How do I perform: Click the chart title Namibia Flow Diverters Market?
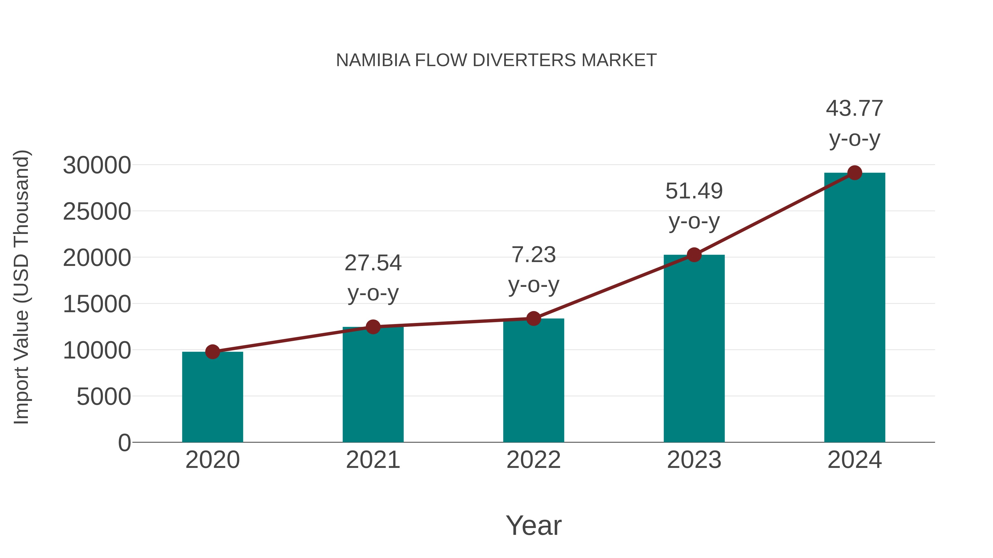coord(496,60)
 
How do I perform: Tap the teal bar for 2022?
coord(533,381)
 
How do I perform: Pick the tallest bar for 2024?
coord(855,308)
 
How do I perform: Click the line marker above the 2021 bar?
coord(373,327)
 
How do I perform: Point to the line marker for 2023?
coord(694,255)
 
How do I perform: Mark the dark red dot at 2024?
coord(855,173)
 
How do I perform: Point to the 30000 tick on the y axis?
coord(97,165)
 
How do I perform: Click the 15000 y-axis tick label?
coord(97,304)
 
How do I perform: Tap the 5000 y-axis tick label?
coord(104,397)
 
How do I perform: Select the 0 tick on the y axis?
coord(124,443)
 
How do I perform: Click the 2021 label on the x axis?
coord(373,460)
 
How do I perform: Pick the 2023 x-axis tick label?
coord(694,460)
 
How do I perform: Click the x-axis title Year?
coord(533,525)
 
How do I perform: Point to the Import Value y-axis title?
coord(21,287)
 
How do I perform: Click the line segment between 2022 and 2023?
coord(614,287)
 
